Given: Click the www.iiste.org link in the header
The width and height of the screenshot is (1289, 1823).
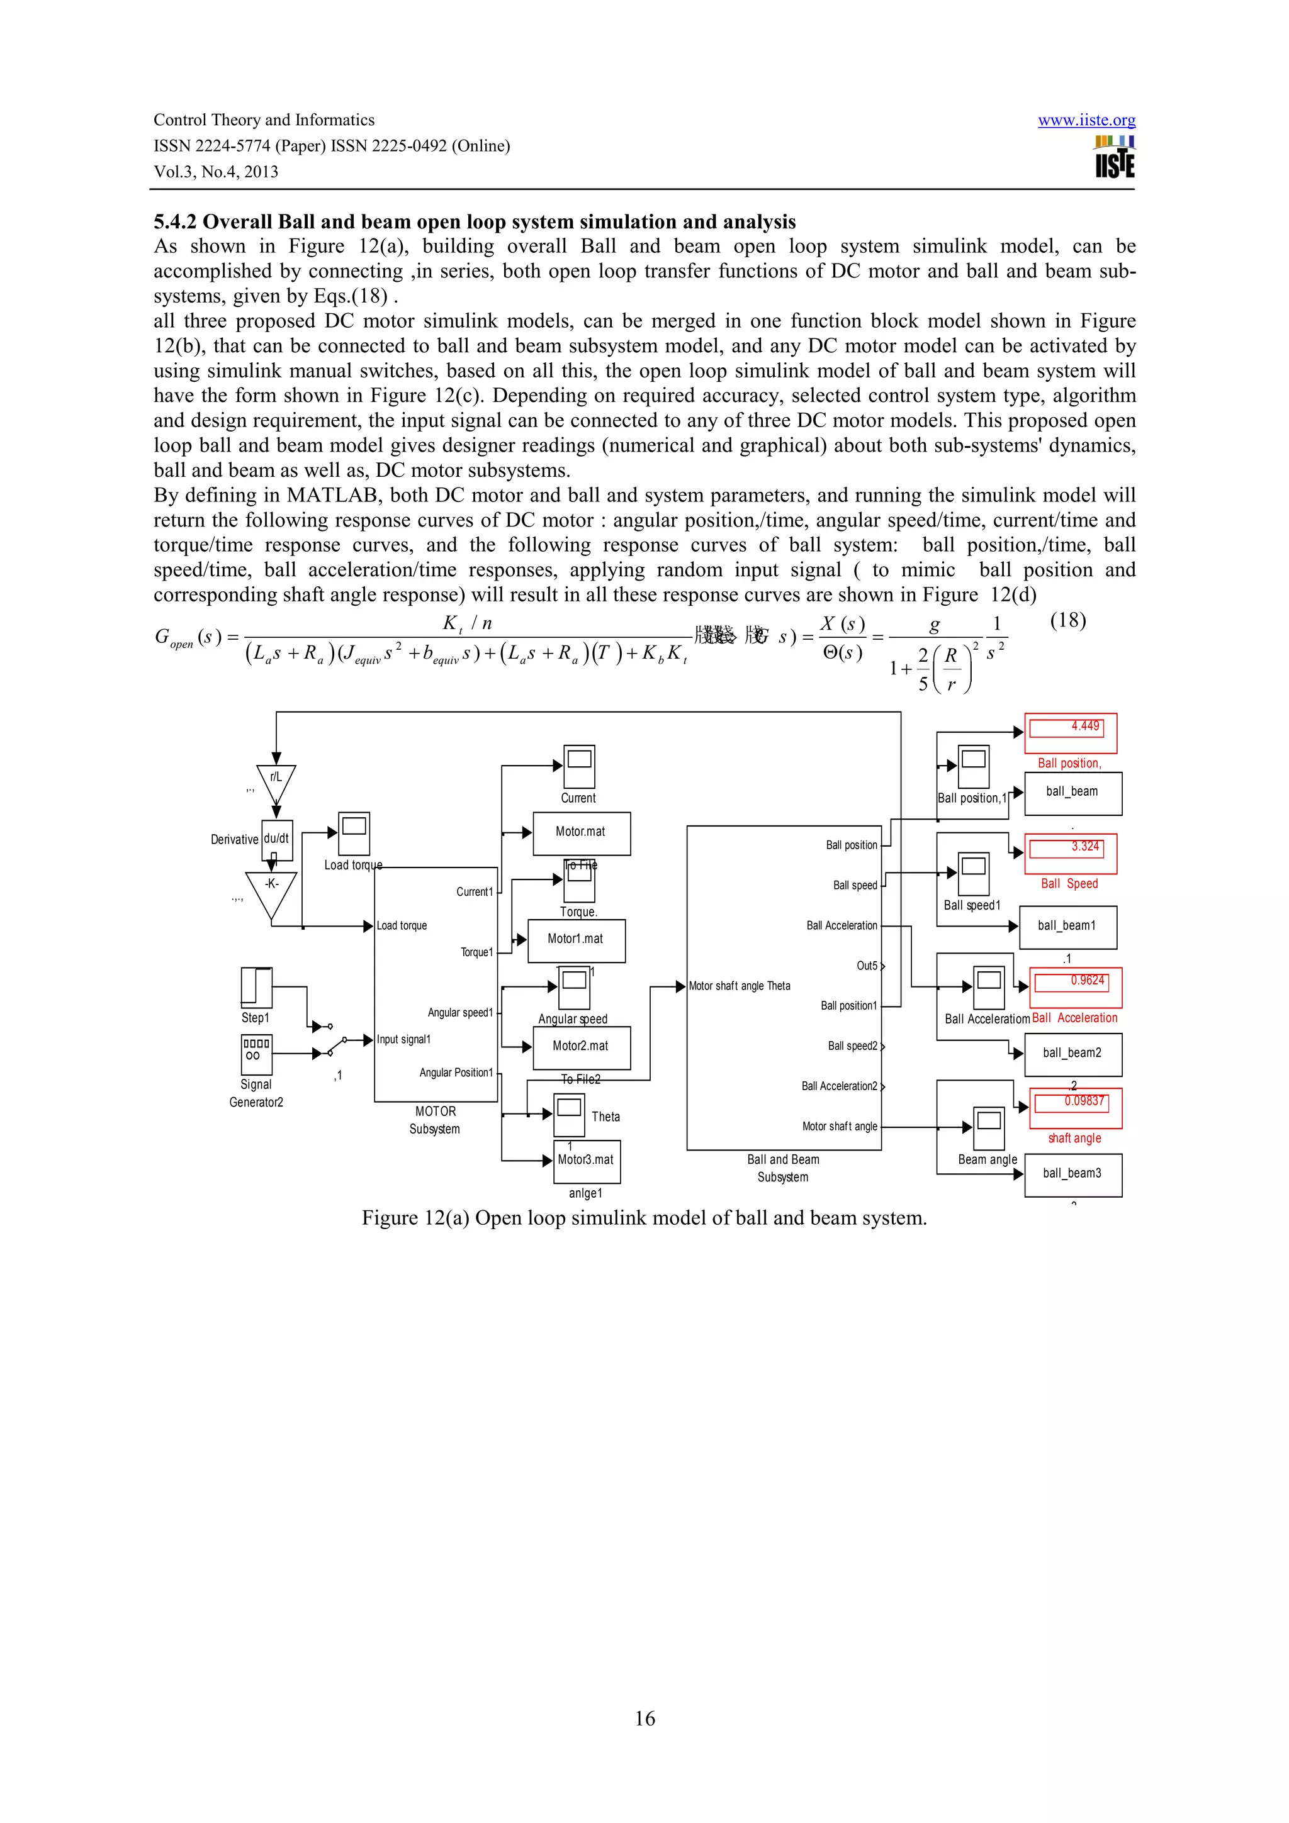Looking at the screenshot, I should pyautogui.click(x=1086, y=120).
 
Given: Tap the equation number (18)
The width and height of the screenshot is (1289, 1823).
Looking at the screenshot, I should pyautogui.click(x=1067, y=620).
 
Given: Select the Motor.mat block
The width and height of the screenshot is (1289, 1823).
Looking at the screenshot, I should pyautogui.click(x=582, y=833).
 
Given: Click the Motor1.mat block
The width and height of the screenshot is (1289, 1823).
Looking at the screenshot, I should pyautogui.click(x=576, y=940).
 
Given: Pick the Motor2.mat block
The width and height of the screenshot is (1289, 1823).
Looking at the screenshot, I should pyautogui.click(x=582, y=1047).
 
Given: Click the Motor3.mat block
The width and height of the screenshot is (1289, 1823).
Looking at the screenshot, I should pyautogui.click(x=586, y=1161).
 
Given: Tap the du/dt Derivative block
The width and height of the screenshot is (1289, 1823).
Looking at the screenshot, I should pyautogui.click(x=276, y=839).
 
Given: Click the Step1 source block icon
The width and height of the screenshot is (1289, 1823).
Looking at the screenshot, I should pyautogui.click(x=257, y=988).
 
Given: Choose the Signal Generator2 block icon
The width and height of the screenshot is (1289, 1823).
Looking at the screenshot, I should pyautogui.click(x=257, y=1054).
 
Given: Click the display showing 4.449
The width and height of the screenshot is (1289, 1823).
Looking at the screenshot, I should pyautogui.click(x=1070, y=732).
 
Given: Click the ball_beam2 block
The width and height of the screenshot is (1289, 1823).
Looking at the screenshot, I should pyautogui.click(x=1072, y=1054).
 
